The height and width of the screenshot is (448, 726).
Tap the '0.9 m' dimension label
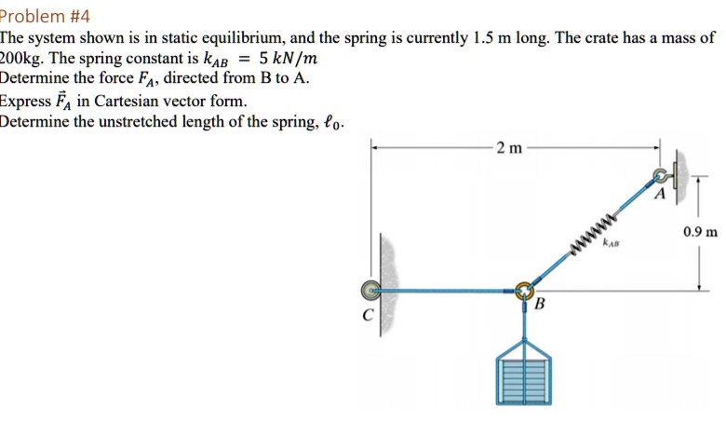(x=699, y=232)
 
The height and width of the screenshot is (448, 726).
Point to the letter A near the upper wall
(x=660, y=195)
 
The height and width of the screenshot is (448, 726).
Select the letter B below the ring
(x=539, y=305)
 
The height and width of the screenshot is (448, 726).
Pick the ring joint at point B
(x=524, y=291)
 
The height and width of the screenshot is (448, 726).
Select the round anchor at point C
(x=371, y=290)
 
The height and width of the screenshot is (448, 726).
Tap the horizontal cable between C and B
(x=447, y=291)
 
